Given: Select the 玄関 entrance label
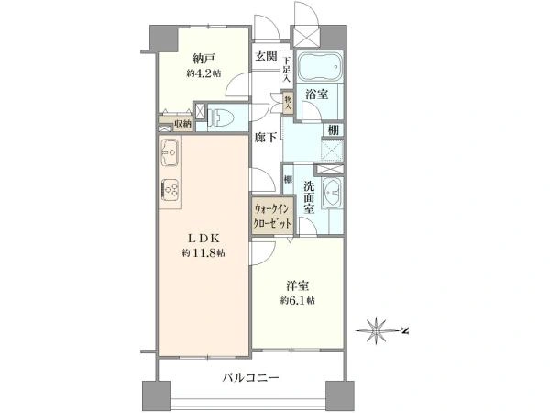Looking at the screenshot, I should click(266, 56).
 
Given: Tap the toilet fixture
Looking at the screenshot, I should click(224, 116).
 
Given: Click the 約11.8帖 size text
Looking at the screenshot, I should click(203, 253).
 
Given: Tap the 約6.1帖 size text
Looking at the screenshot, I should click(298, 300).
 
